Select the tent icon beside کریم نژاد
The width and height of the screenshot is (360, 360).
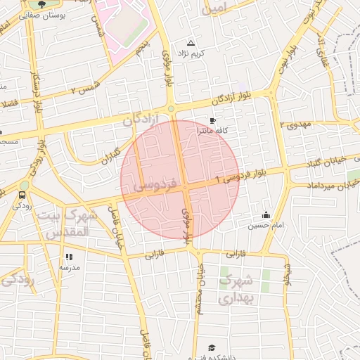point(191,44)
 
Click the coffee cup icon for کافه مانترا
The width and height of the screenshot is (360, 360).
point(212,121)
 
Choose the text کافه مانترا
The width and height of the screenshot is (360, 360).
point(212,131)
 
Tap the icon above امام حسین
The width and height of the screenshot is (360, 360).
point(266,215)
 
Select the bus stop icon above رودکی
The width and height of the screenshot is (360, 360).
point(23,195)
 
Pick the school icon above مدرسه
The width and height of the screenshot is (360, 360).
point(69,257)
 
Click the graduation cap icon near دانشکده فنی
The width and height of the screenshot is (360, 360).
point(212,347)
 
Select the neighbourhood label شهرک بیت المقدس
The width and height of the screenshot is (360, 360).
point(63,223)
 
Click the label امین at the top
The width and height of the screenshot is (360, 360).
point(215,9)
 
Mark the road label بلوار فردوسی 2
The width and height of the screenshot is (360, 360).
point(244,176)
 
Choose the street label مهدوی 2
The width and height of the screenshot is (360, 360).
point(295,124)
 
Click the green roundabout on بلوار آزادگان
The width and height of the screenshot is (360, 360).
point(171,109)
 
